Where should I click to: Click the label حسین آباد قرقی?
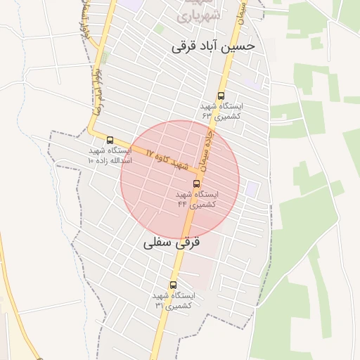click(216, 47)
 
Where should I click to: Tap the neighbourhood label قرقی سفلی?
click(172, 243)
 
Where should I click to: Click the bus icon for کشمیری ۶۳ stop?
click(221, 96)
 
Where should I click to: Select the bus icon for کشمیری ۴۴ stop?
click(195, 184)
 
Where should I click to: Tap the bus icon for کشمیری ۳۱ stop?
click(173, 285)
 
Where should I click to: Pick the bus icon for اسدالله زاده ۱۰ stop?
click(110, 140)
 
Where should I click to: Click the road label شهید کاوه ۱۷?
click(169, 159)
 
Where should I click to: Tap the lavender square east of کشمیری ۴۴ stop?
click(251, 189)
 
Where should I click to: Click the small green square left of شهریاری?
click(160, 29)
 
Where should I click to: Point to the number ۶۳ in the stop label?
click(207, 114)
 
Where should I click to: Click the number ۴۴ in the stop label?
click(182, 204)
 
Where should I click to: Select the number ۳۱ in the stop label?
click(159, 305)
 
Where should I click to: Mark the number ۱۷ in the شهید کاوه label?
click(150, 152)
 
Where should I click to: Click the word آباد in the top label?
click(216, 47)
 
